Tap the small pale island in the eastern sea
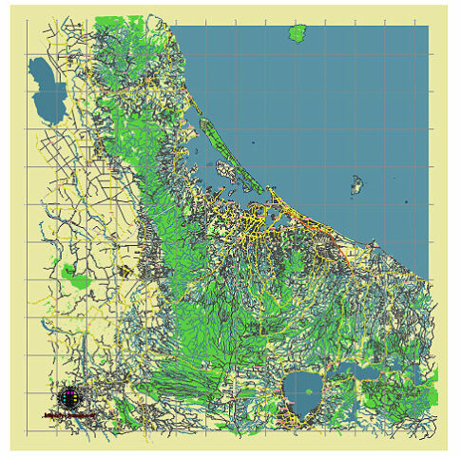357,184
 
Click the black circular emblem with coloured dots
68,397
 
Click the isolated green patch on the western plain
71,273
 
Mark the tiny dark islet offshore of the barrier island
255,142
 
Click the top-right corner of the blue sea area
427,27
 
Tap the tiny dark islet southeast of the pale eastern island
406,202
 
